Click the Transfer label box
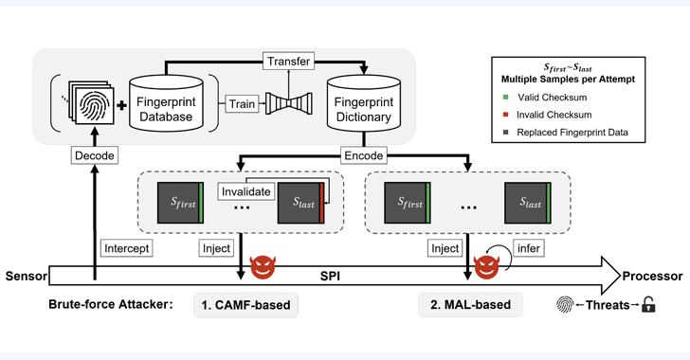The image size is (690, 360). pos(289,62)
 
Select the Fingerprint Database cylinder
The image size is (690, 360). pos(166,102)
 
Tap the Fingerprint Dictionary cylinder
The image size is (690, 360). pos(364,102)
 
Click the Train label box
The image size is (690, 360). pos(242,104)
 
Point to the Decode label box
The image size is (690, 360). pos(95,155)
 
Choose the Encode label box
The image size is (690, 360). pos(364,155)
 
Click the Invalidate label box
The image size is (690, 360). pos(246,192)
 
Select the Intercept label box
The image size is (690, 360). pos(127,248)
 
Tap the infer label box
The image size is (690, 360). pos(529,248)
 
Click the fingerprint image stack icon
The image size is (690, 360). pos(92,102)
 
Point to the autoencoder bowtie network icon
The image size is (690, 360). pos(289,104)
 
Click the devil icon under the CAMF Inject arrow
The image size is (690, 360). pos(263,267)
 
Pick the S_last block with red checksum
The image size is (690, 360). pos(301,203)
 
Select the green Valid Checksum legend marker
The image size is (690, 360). pos(505,98)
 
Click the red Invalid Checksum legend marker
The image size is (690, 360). pos(505,115)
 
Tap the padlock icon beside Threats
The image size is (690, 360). pos(648,304)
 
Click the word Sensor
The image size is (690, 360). pos(26,277)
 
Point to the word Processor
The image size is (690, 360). pos(652,277)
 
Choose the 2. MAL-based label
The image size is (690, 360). pos(470,304)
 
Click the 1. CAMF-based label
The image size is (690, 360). pos(245,305)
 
